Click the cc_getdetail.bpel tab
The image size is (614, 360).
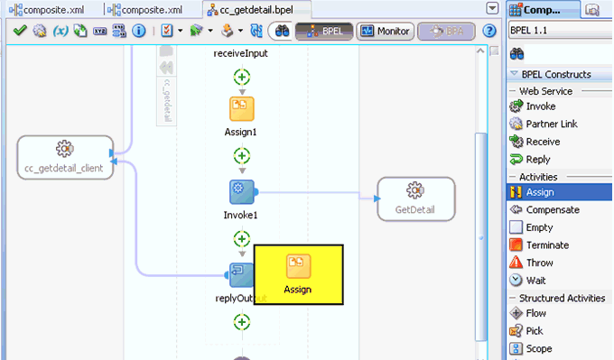257,10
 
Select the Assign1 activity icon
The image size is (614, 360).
241,109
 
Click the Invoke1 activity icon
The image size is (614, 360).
241,192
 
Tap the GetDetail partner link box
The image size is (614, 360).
415,198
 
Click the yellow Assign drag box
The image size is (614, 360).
298,274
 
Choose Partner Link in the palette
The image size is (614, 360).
551,125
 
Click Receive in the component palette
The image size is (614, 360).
543,142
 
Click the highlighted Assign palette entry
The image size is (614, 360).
540,192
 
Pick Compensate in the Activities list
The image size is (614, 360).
553,210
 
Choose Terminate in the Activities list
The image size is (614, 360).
547,245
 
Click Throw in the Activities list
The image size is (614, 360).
539,263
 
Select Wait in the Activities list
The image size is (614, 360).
535,281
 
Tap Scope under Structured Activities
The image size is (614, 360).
538,348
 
